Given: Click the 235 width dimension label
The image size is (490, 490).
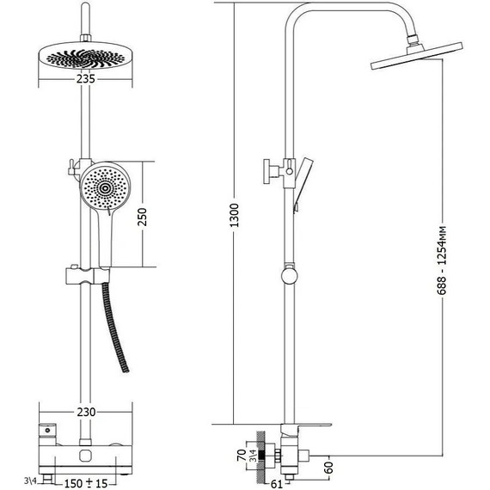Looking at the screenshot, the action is point(86,79).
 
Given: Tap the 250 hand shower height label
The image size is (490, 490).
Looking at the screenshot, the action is point(142,217).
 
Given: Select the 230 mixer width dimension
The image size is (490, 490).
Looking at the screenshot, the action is point(86,412).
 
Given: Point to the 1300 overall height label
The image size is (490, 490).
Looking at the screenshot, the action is point(234,215).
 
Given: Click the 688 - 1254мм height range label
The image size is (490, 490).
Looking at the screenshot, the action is point(442,260).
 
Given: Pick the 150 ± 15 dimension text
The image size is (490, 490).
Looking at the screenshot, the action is point(86,483).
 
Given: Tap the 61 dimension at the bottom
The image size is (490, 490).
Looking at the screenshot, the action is point(277,484).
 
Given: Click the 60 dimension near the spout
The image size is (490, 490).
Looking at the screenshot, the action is point(329,468).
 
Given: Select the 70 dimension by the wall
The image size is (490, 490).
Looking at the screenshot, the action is point(242,456).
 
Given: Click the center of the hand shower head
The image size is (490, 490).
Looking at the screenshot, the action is point(105,188).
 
